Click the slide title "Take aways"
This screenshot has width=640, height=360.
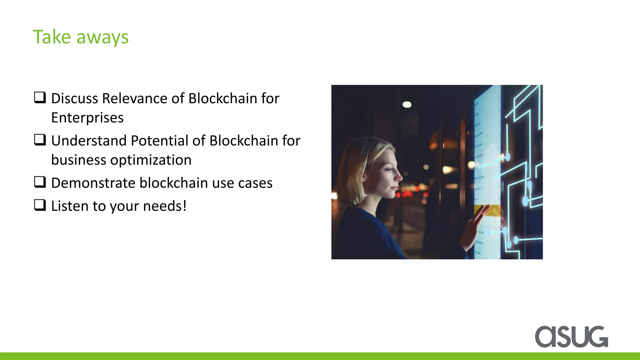(x=81, y=37)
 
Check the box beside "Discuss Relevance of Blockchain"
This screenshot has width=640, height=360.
(x=40, y=98)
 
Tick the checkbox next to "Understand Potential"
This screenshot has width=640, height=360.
(x=40, y=140)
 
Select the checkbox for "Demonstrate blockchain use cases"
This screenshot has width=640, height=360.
(x=40, y=182)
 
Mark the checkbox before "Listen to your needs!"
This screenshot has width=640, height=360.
(x=40, y=205)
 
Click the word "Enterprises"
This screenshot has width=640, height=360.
(x=87, y=118)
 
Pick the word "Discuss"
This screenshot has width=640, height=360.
(x=75, y=98)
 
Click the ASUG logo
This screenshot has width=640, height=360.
(x=571, y=337)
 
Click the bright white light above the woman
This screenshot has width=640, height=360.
(x=407, y=104)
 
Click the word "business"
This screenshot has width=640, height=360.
(x=78, y=160)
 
